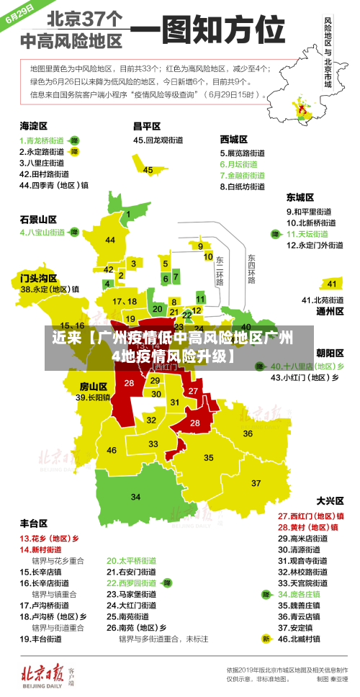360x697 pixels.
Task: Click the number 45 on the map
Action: click(x=148, y=170)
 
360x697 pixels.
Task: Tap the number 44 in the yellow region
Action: click(x=110, y=240)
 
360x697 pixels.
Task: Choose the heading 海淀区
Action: click(x=33, y=126)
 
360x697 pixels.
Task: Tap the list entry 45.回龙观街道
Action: click(x=158, y=140)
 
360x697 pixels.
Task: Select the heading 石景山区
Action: click(x=38, y=219)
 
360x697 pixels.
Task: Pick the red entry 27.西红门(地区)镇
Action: click(x=310, y=516)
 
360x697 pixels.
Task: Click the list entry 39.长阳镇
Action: click(x=93, y=397)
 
